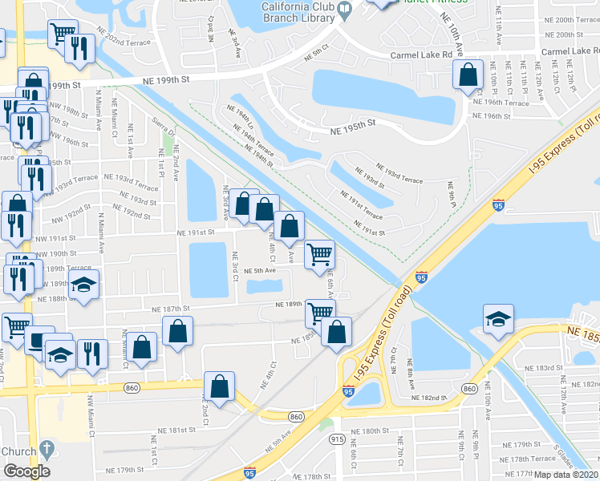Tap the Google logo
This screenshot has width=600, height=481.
[26, 471]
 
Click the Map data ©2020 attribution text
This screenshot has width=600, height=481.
[566, 475]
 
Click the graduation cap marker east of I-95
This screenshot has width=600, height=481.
[498, 319]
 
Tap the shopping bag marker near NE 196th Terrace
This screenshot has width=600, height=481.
[467, 75]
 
